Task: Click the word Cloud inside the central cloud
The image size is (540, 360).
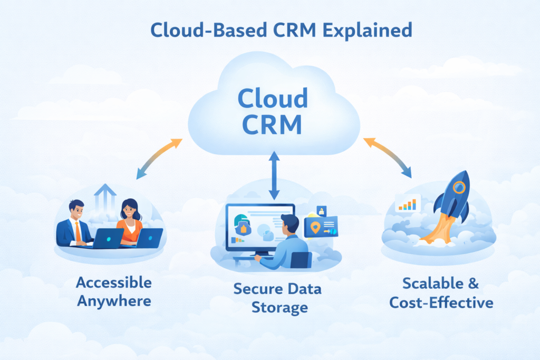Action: point(273,99)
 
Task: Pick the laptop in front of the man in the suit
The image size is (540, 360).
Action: point(108,238)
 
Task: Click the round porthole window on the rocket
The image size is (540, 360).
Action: point(459,187)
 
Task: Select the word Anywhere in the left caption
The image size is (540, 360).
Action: point(113,301)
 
